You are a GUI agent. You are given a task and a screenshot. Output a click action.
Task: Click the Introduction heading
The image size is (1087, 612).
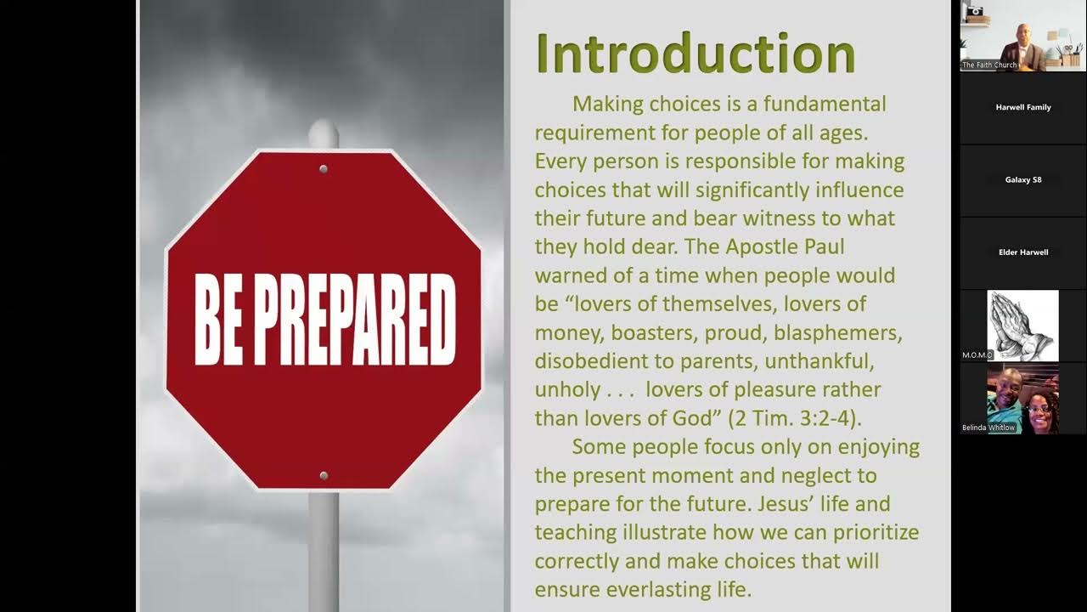pos(695,54)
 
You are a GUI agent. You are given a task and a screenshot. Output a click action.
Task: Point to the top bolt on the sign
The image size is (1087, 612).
pos(323,170)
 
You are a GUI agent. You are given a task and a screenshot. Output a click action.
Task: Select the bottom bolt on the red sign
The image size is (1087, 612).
pos(323,476)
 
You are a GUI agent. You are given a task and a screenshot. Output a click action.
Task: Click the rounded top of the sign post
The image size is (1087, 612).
pos(324,133)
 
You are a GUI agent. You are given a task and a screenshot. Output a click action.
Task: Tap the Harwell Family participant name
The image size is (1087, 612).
pos(1022,108)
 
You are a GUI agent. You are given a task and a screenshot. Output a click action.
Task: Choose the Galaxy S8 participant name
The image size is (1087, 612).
pos(1022,180)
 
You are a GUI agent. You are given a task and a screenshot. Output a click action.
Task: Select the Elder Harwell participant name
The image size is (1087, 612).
pos(1022,252)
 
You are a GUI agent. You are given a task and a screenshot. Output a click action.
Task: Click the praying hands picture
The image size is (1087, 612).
pos(1022,326)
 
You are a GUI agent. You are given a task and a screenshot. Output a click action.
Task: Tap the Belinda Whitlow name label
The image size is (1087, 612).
pos(988,428)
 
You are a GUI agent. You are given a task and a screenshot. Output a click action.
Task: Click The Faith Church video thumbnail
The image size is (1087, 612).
pos(1022,36)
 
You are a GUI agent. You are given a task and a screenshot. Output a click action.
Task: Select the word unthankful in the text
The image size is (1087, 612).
pos(819,361)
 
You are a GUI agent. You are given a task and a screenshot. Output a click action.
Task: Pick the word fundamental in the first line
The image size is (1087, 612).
pos(824,105)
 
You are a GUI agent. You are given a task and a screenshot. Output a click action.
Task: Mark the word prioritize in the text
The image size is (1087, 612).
pos(871,533)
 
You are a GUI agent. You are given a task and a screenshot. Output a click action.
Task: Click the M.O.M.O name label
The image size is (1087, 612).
pos(977,354)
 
